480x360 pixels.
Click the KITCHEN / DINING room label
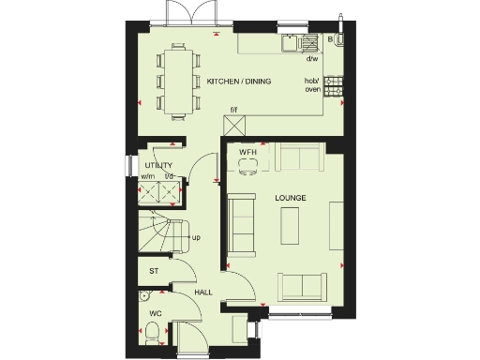click(x=239, y=82)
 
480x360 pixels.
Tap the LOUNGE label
click(x=287, y=200)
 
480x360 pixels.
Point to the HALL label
click(x=202, y=292)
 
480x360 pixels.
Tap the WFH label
click(x=247, y=152)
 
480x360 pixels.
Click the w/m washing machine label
click(x=148, y=176)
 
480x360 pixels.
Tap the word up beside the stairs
click(x=196, y=237)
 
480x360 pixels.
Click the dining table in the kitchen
click(x=177, y=81)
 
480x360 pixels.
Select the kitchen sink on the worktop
click(x=306, y=42)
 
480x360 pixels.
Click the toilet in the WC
click(x=152, y=332)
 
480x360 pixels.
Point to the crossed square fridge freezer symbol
click(x=172, y=193)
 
